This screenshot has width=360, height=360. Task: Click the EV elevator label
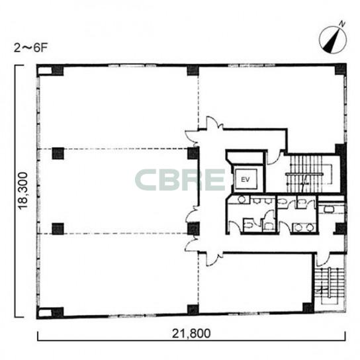pyautogui.click(x=246, y=179)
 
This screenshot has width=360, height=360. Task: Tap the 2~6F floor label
pyautogui.click(x=30, y=48)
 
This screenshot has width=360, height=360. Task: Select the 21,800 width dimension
pyautogui.click(x=191, y=334)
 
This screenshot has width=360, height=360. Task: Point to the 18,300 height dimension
pyautogui.click(x=23, y=191)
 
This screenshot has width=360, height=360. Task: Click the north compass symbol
pyautogui.click(x=333, y=40)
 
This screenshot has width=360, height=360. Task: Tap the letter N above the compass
pyautogui.click(x=342, y=24)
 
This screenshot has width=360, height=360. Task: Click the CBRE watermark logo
pyautogui.click(x=180, y=180)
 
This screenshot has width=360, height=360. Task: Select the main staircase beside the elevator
pyautogui.click(x=310, y=174)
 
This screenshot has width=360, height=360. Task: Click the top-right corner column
pyautogui.click(x=341, y=69)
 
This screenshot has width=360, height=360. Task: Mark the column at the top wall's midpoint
pyautogui.click(x=193, y=70)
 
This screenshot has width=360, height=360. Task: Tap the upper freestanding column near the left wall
pyautogui.click(x=58, y=153)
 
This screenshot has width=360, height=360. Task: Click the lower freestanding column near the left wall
pyautogui.click(x=58, y=229)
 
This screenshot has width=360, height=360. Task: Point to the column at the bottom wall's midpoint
pyautogui.click(x=193, y=310)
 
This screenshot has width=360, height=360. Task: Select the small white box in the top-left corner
pyautogui.click(x=45, y=71)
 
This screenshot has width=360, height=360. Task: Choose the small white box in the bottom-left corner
pyautogui.click(x=45, y=313)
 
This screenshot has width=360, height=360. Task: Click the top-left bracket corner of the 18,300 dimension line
pyautogui.click(x=15, y=66)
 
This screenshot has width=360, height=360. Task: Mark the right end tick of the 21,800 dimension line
pyautogui.click(x=345, y=336)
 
